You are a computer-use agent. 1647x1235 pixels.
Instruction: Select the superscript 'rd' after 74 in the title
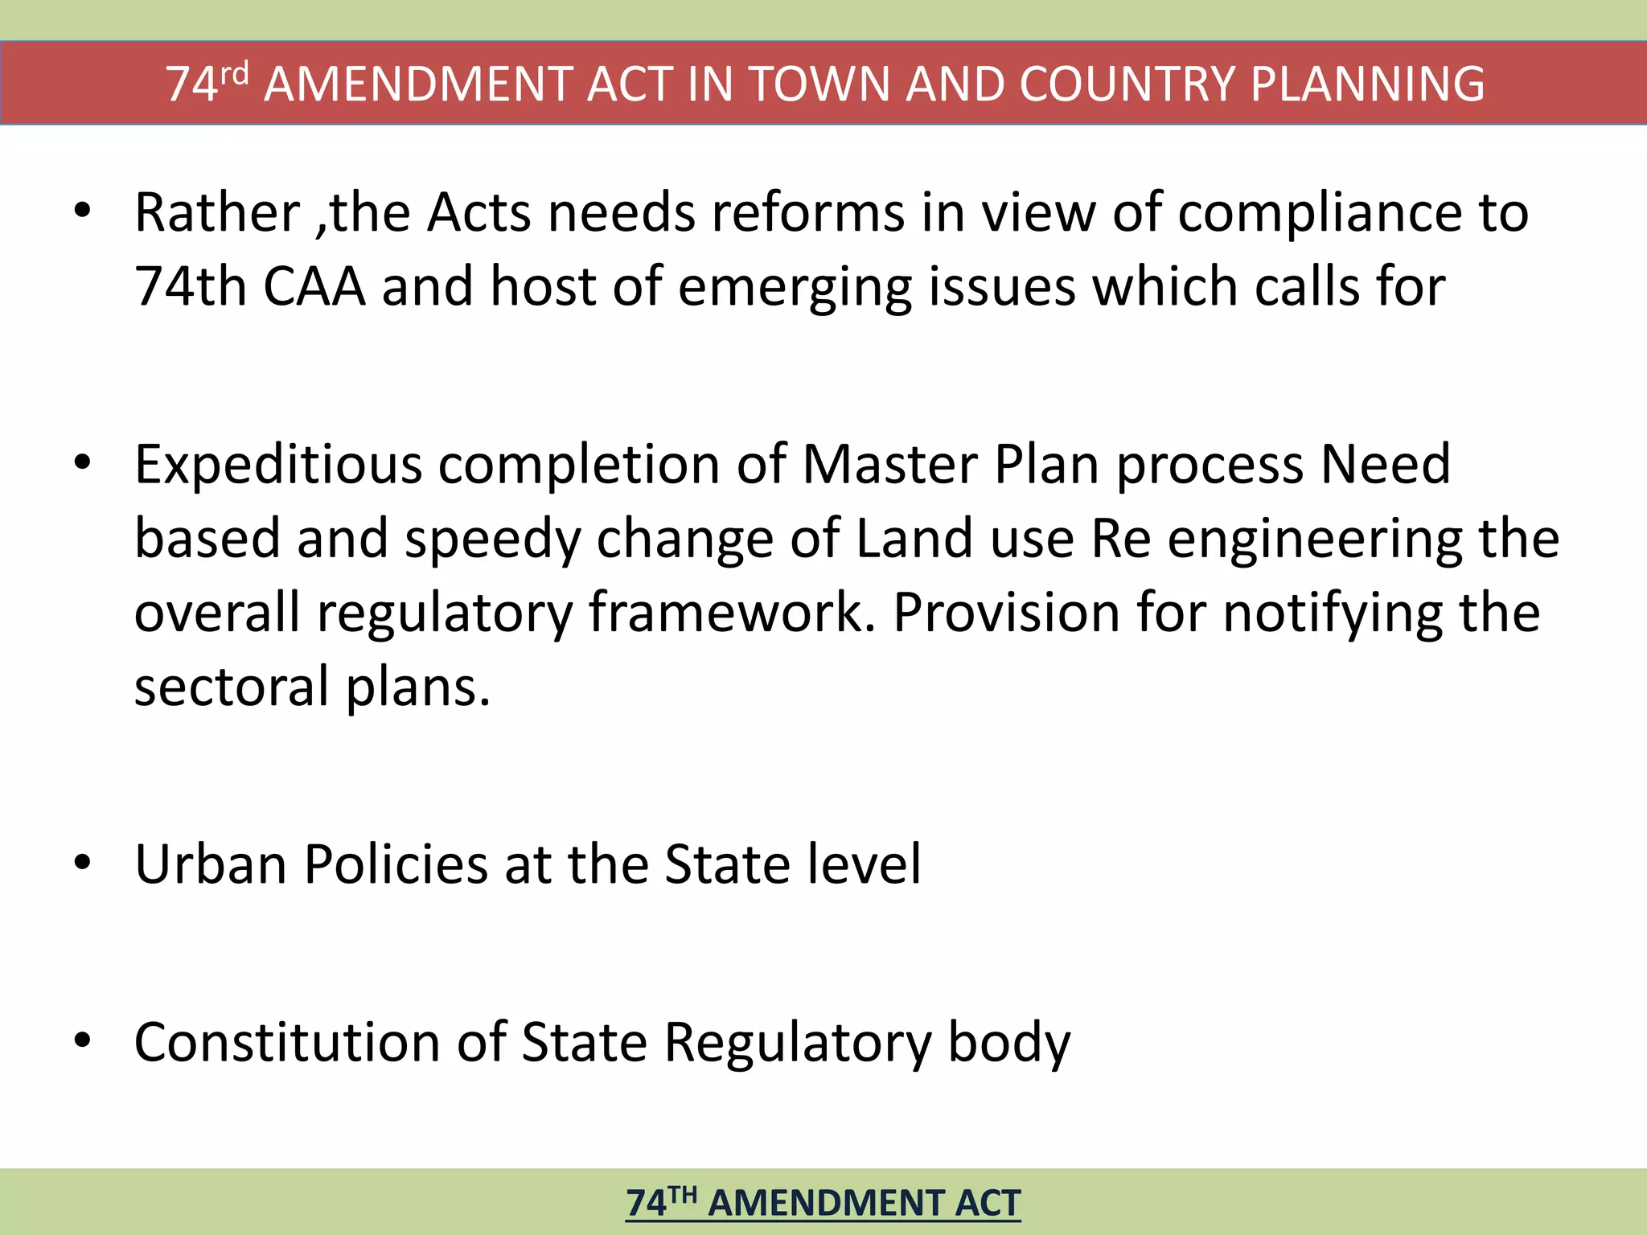pos(234,74)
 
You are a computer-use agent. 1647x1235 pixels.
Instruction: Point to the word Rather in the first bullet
pos(217,213)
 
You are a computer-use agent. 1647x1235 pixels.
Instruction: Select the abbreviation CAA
pos(314,287)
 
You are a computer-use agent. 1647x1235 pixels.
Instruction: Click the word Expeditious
pos(278,466)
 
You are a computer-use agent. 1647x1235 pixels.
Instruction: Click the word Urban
pos(211,865)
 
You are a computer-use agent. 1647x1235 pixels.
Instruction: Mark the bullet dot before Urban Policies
pos(82,863)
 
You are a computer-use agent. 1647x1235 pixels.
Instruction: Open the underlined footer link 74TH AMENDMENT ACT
pos(823,1204)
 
